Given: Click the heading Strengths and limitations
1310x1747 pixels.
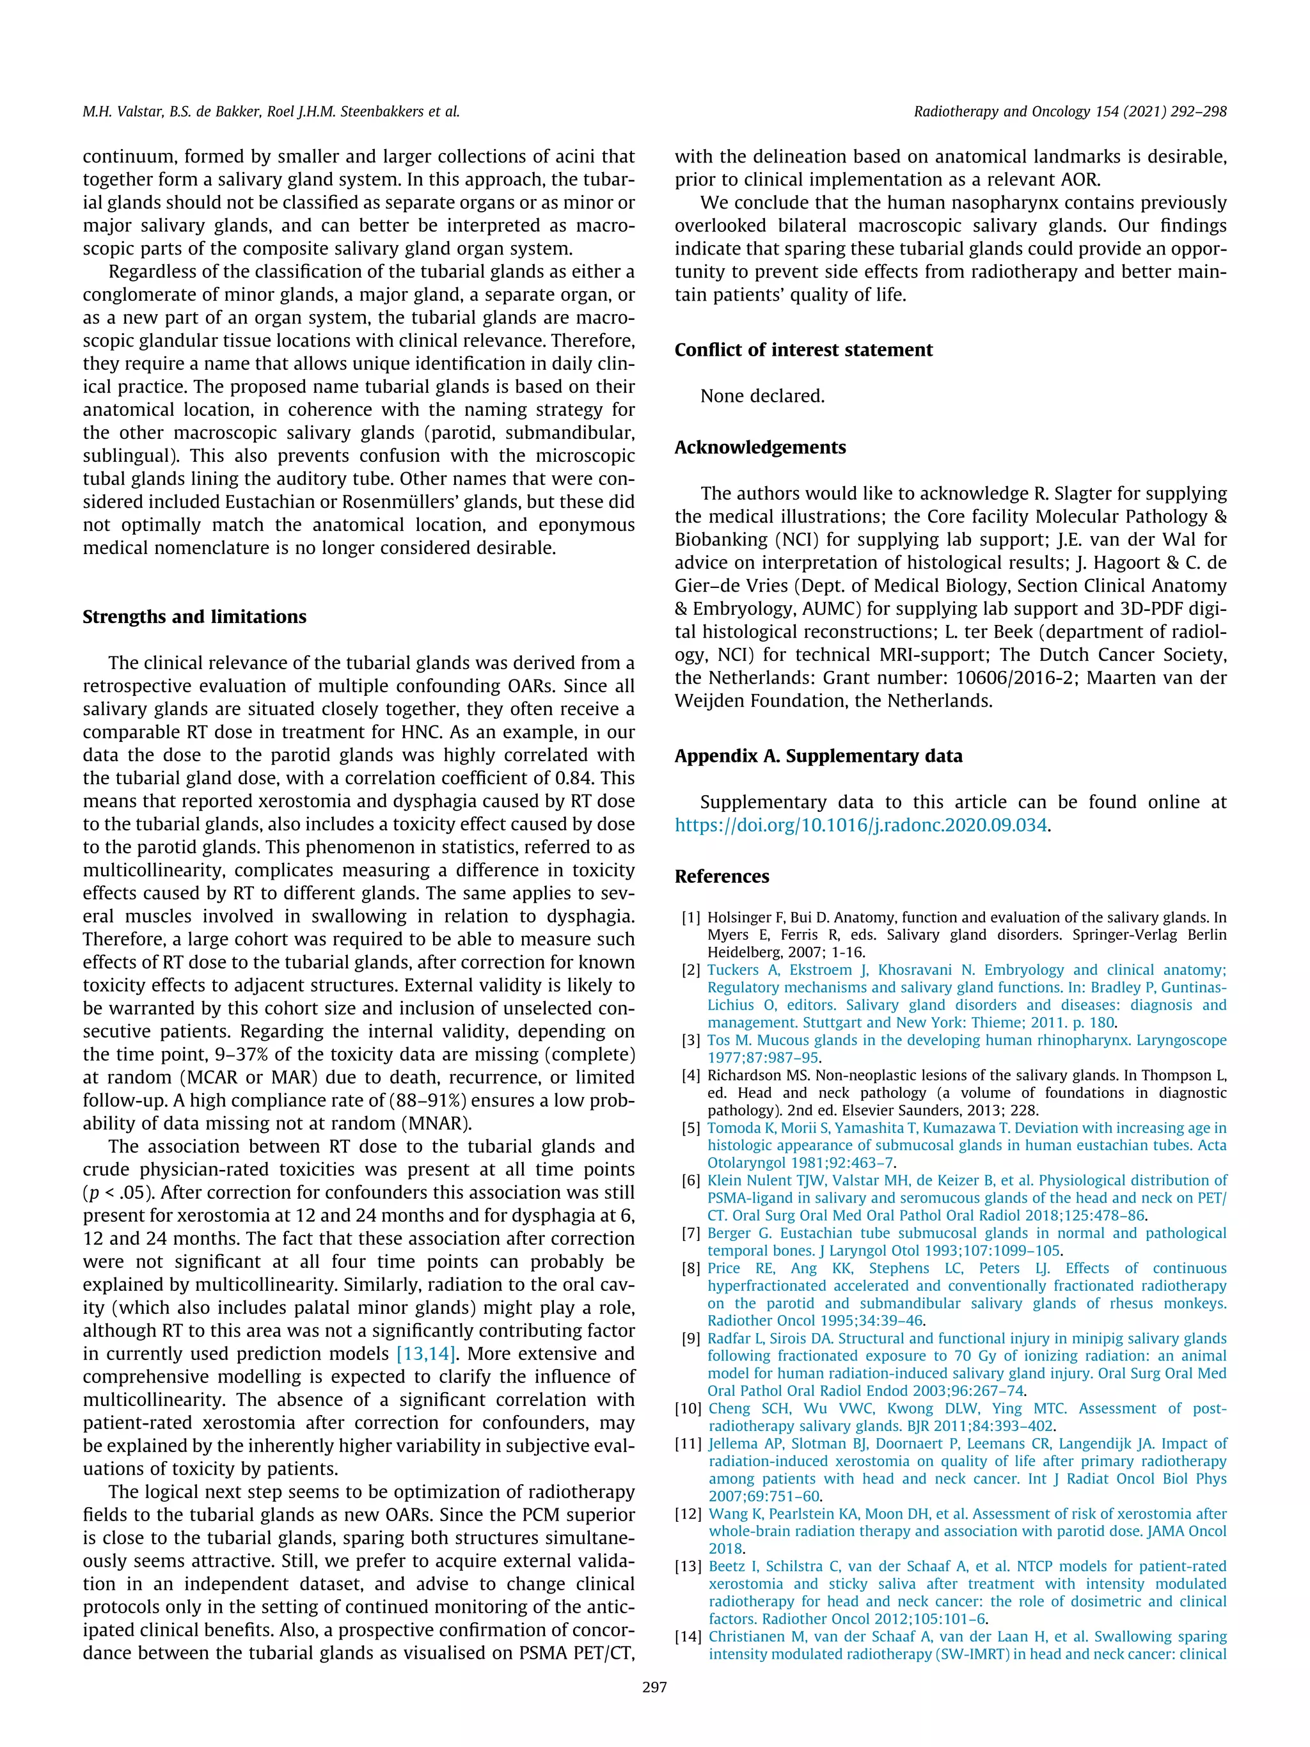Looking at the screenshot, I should tap(194, 617).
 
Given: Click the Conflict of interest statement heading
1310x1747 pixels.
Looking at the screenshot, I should tap(803, 350).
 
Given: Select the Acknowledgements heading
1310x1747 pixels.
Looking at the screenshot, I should tap(760, 447).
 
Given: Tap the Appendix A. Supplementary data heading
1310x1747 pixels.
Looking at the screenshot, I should tap(818, 756).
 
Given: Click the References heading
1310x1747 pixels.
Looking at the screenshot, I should tap(721, 876).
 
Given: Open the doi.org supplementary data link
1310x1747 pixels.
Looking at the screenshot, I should tap(861, 825).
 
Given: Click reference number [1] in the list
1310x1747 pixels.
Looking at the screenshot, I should tap(691, 918).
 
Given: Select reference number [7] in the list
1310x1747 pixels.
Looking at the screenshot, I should tap(691, 1233).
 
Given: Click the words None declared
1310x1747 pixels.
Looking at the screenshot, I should tap(762, 396).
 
